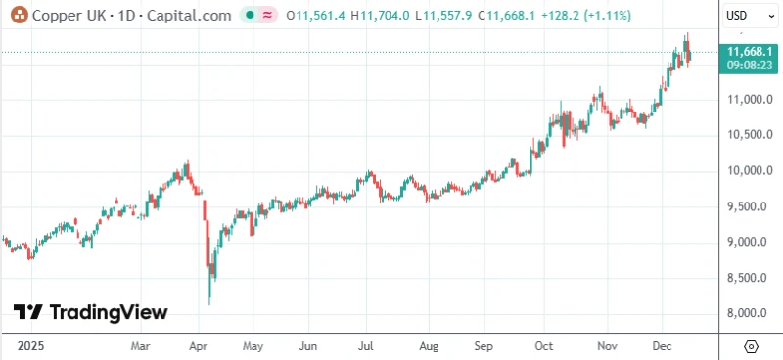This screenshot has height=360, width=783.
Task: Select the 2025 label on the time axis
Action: click(30, 346)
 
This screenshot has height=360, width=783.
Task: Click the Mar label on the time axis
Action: click(139, 346)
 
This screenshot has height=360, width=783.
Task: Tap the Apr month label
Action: click(198, 346)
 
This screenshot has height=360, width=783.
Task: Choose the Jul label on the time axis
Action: click(366, 346)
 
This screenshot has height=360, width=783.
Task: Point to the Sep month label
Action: click(483, 346)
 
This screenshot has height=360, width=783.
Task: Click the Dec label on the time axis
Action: click(661, 346)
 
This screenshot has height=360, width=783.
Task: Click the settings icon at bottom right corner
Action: click(751, 346)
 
